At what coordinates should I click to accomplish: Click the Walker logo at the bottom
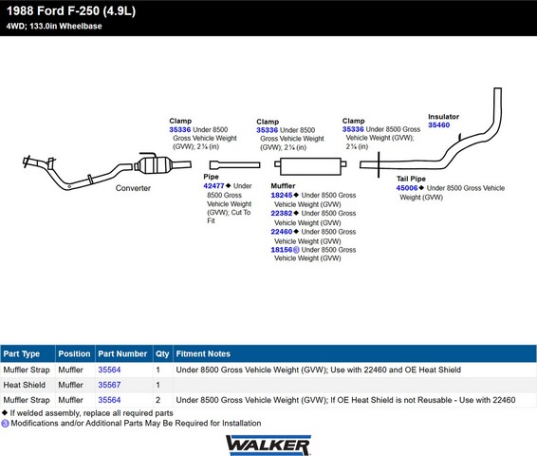(268, 446)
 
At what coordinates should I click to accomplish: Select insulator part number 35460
(438, 125)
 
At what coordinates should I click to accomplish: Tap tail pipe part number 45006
(407, 188)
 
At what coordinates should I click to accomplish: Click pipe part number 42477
(213, 186)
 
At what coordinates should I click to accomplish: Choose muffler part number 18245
(282, 195)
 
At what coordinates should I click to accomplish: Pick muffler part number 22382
(282, 213)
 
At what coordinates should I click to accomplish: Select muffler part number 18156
(282, 250)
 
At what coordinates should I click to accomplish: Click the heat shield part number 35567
(109, 385)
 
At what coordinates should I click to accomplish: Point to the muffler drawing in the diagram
(310, 166)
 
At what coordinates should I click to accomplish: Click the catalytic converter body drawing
(153, 165)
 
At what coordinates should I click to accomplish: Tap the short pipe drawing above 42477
(235, 165)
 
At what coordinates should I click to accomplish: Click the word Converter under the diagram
(133, 188)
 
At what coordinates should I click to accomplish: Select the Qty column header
(162, 353)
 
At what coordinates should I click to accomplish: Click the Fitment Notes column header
(203, 353)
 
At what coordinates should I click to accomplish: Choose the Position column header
(74, 353)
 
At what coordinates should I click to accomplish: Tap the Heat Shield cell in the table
(25, 385)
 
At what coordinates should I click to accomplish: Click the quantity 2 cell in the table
(157, 400)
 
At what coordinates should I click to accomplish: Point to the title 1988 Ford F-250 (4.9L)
(71, 11)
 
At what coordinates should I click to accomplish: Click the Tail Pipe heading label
(411, 179)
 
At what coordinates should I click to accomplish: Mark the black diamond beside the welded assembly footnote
(5, 412)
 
